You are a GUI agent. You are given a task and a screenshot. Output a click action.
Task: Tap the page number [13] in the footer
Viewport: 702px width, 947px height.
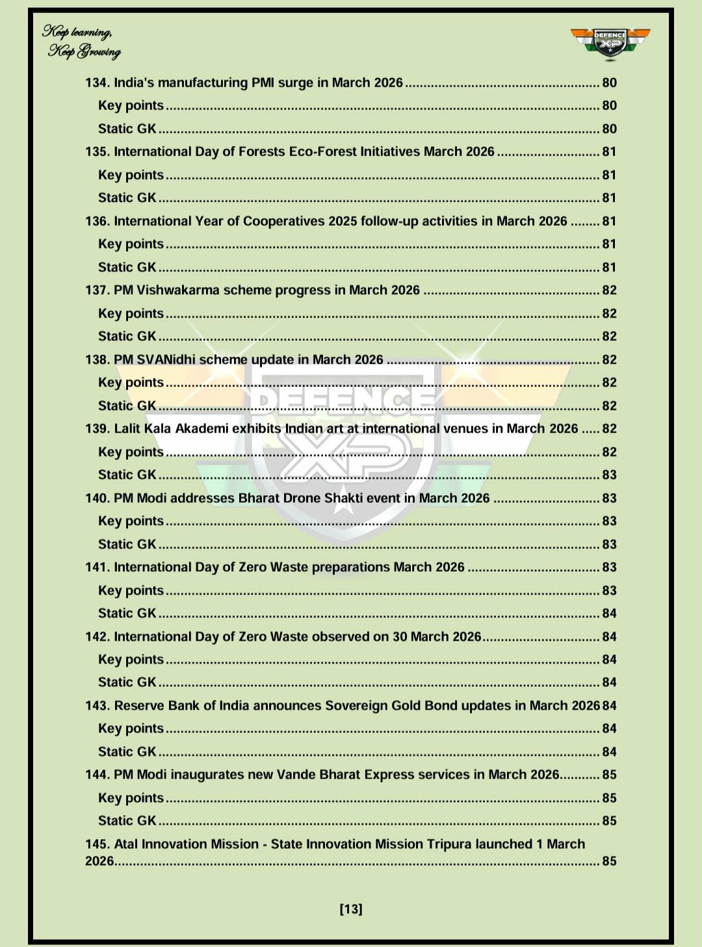tap(351, 909)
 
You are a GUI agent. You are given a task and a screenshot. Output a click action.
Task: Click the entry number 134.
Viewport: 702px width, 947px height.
tap(97, 83)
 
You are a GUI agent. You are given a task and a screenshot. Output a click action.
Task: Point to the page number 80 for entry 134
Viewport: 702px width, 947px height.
tap(609, 83)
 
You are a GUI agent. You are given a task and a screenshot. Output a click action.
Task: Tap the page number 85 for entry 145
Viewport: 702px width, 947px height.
tap(609, 861)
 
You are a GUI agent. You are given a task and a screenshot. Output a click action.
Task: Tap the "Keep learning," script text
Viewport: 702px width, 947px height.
tap(77, 31)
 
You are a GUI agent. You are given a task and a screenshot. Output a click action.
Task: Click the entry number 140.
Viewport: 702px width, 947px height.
tap(97, 498)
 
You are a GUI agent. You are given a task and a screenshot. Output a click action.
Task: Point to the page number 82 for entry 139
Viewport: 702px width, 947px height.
tap(609, 429)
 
